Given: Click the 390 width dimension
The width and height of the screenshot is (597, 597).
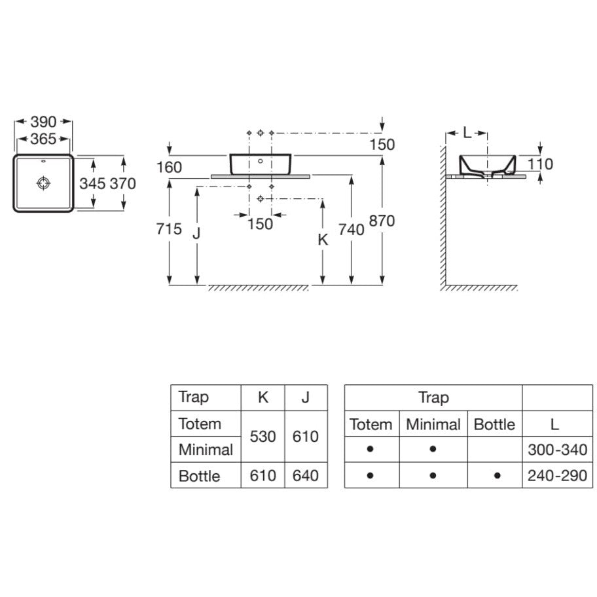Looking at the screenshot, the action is point(43,122).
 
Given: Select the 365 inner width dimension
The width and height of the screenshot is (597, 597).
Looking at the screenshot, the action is point(43,139).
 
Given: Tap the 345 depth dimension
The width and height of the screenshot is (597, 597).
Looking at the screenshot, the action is point(92,183).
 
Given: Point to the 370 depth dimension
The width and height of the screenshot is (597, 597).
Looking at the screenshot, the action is point(122,183).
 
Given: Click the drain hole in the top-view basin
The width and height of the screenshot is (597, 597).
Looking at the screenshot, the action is point(44,183).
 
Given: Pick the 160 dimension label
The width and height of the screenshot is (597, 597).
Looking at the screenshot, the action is point(170,167).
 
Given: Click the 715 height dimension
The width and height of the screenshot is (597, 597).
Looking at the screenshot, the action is point(169,229).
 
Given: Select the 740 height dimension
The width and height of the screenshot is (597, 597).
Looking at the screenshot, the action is point(352,230).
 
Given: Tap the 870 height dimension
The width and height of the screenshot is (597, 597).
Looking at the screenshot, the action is point(382,221).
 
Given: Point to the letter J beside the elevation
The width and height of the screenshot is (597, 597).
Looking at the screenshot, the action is point(196,233).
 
